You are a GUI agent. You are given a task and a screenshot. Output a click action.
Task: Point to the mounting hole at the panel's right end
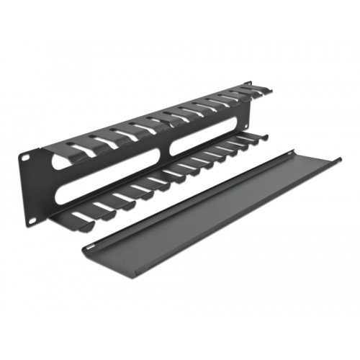250,86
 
